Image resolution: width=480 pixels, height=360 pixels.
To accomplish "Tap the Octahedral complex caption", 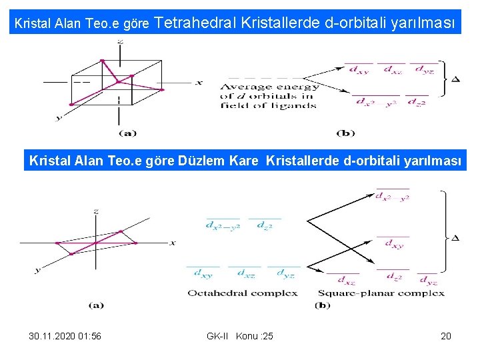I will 243,293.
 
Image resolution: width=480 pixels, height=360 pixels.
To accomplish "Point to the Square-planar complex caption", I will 381,293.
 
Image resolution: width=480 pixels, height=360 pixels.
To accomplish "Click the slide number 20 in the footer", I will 446,336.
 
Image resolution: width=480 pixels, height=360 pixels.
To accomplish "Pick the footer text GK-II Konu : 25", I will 240,336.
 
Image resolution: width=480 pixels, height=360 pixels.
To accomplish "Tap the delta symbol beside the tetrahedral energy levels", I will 456,80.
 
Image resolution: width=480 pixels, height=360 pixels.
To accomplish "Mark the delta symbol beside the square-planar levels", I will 456,238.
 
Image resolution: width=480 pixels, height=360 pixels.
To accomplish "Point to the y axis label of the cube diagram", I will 59,117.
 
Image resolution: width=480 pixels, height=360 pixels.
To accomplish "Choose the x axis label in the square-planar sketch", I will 173,242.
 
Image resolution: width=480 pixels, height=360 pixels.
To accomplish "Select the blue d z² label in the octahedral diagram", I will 264,225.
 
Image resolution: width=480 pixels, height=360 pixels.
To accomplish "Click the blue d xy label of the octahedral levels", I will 203,273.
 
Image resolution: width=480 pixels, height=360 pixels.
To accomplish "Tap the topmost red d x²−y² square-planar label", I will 392,197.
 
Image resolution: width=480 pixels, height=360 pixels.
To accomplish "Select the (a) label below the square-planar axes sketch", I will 96,305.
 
